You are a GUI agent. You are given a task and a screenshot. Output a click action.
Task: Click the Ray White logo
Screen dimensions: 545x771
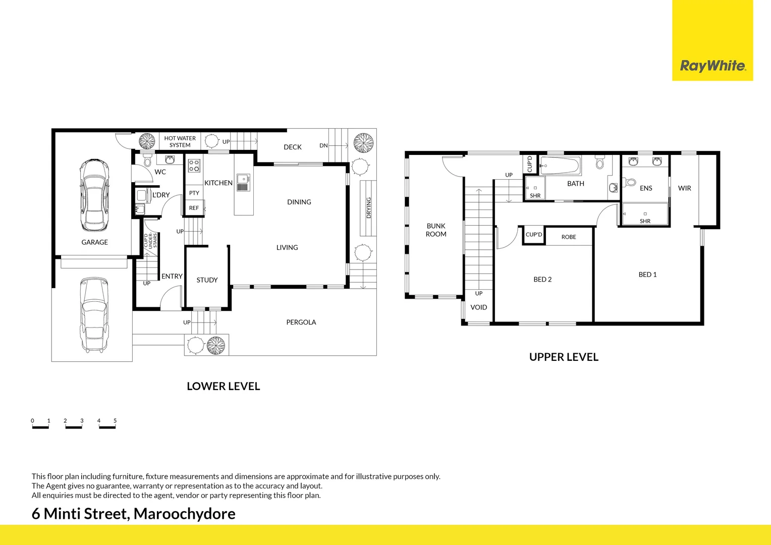(x=712, y=66)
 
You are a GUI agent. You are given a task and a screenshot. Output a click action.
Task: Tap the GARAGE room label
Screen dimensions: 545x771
(x=95, y=242)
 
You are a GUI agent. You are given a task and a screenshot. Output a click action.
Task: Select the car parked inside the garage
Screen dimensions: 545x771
(x=94, y=194)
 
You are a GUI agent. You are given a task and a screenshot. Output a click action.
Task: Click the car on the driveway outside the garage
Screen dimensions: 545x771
(x=94, y=314)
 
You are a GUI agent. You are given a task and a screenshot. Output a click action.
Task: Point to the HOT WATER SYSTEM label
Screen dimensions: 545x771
(x=180, y=142)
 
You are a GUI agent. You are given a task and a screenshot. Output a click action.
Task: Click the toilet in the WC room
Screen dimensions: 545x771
(x=147, y=160)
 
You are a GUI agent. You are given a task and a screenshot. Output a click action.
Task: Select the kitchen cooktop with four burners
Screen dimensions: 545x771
(x=194, y=166)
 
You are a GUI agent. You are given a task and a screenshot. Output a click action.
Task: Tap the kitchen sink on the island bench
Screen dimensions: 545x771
(x=243, y=182)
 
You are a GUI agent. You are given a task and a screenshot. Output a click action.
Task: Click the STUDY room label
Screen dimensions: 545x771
(x=207, y=280)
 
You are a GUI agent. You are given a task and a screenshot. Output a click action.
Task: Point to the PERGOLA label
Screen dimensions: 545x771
(x=301, y=322)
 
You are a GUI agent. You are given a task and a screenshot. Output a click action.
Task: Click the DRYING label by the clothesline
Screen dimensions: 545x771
(x=368, y=207)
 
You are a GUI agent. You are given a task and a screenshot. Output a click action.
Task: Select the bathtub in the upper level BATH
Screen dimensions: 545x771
(x=560, y=165)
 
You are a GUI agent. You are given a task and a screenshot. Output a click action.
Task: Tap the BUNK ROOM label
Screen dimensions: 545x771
(x=436, y=230)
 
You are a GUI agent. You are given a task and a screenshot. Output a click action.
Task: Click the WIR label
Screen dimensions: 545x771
(x=684, y=188)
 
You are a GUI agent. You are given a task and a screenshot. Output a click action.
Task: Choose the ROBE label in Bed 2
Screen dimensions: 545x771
(x=569, y=237)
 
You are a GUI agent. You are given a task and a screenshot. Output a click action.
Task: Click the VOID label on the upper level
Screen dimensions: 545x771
(x=478, y=307)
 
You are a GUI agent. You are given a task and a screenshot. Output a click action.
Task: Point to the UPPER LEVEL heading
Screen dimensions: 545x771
(x=564, y=357)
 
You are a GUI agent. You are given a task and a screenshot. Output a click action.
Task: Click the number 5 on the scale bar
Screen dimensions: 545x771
(x=115, y=420)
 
